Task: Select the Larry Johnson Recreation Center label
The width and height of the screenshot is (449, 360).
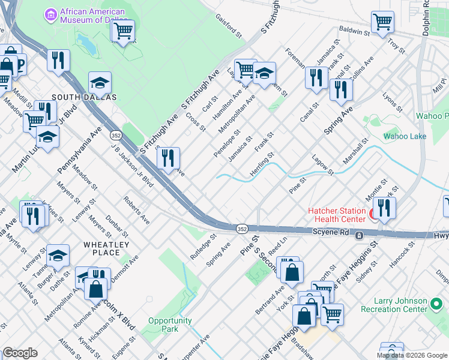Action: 394,305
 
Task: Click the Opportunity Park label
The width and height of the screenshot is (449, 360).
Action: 170,325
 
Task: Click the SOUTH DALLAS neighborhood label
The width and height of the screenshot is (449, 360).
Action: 84,97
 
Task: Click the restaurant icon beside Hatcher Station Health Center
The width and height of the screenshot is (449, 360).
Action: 384,208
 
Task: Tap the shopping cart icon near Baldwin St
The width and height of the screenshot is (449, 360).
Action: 382,22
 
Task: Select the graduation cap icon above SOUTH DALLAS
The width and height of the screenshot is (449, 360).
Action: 100,82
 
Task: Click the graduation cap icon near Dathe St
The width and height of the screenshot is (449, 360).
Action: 58,255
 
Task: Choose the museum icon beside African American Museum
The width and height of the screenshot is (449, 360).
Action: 50,13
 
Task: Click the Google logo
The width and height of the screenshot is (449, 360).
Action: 20,353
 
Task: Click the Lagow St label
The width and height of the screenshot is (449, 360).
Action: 323,164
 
